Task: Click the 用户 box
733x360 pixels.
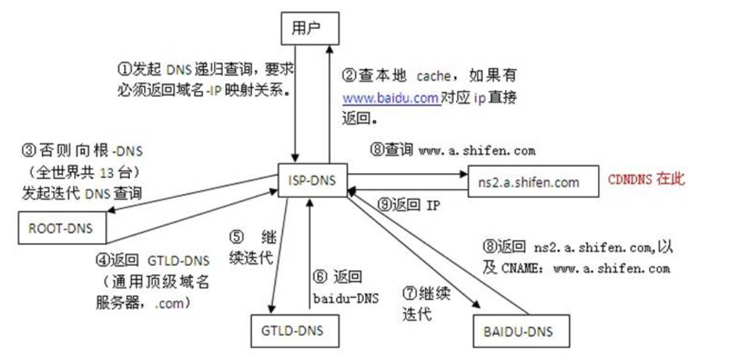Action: [x=309, y=28]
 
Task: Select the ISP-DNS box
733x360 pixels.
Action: [x=313, y=180]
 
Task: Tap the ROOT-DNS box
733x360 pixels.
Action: [x=61, y=228]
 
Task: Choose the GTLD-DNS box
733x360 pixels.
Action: [x=294, y=330]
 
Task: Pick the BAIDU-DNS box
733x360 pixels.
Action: [x=521, y=331]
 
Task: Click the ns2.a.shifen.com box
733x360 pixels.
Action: [x=534, y=181]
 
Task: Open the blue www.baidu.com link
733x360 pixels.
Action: [x=392, y=98]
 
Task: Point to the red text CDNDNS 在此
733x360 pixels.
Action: [x=646, y=180]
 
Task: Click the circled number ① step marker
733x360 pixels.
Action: [x=123, y=69]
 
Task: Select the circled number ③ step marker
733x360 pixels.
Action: [x=28, y=150]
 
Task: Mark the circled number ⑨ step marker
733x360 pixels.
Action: [x=383, y=205]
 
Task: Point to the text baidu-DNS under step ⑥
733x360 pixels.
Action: [x=345, y=298]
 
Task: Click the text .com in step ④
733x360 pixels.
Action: [x=168, y=303]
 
